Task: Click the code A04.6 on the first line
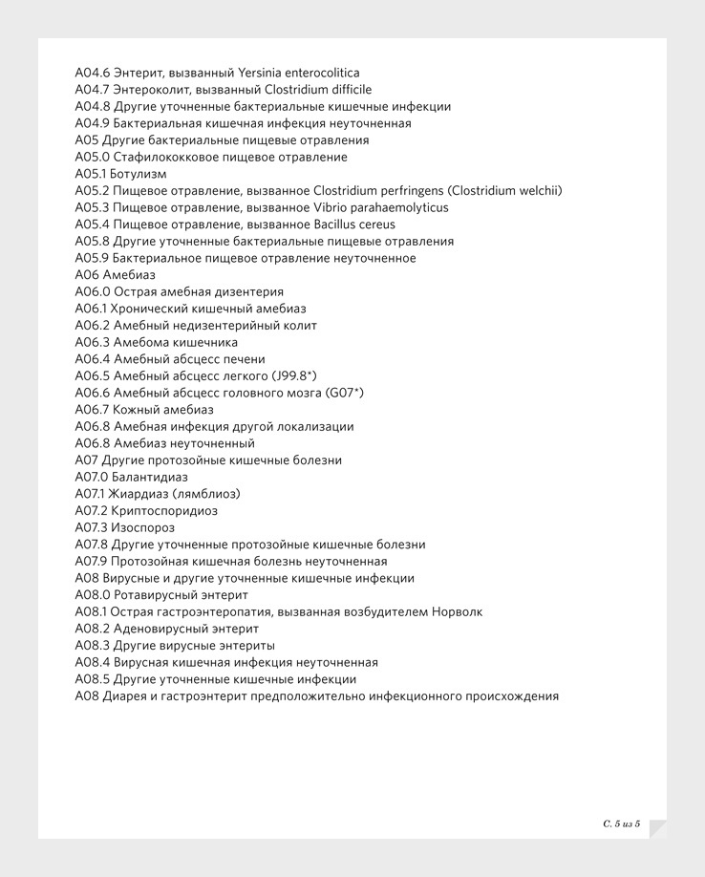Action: (93, 73)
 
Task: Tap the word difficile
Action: (345, 90)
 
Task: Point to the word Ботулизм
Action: (139, 174)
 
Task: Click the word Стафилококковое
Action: (166, 157)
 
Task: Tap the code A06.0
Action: (93, 292)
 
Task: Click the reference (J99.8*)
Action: (294, 376)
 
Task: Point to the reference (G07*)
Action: (345, 393)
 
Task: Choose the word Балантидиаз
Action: (149, 478)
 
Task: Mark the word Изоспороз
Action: (142, 528)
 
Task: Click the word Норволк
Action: (458, 612)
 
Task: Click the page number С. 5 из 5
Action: (622, 823)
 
